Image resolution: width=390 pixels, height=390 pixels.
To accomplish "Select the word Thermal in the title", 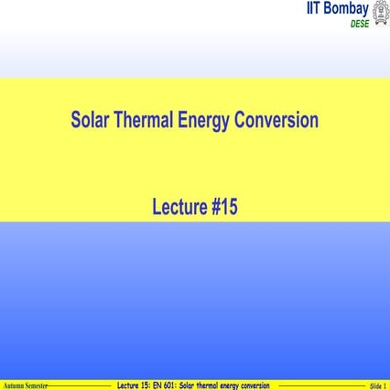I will [x=145, y=121].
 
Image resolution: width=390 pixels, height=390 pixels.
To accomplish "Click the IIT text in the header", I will [x=317, y=9].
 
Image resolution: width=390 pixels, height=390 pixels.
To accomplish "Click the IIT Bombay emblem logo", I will [x=380, y=13].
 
